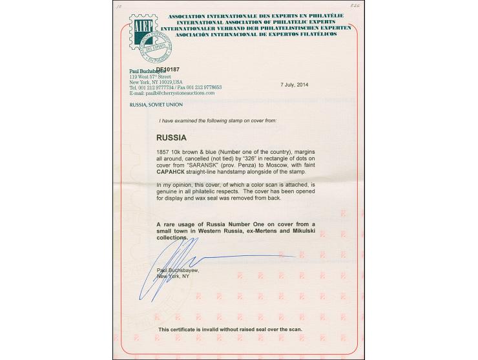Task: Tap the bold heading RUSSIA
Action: (172, 138)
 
